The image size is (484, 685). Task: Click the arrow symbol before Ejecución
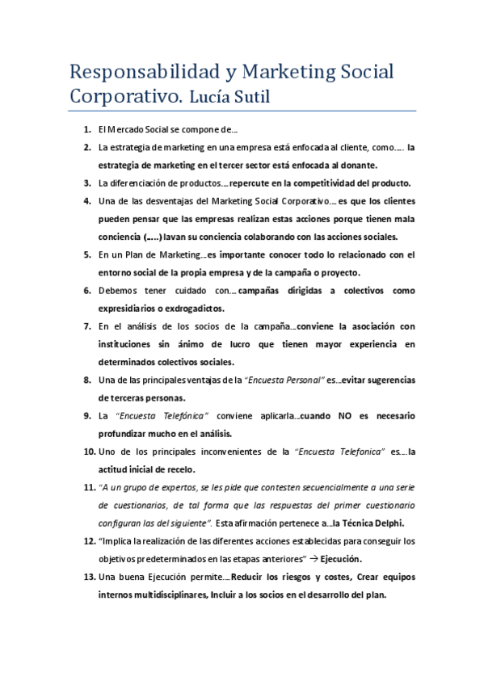tap(312, 559)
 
